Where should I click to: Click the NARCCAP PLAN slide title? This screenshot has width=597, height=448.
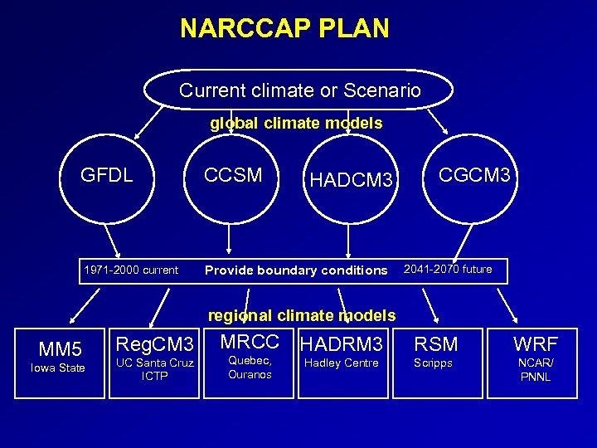(x=284, y=29)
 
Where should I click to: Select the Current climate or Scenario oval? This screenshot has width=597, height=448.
(x=299, y=90)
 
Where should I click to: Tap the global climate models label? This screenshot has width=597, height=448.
(x=296, y=124)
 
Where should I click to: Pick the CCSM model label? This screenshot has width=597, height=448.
(x=233, y=175)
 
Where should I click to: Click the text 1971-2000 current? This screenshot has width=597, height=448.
(x=131, y=270)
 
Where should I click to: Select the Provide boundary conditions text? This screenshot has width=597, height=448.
(x=296, y=270)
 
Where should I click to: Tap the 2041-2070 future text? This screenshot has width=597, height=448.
(x=448, y=269)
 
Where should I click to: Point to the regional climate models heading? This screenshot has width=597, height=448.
(x=302, y=315)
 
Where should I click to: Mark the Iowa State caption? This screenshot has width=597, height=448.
(x=58, y=368)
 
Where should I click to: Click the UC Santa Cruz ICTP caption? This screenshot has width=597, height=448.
(x=155, y=369)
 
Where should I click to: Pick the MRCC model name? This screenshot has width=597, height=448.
(x=248, y=341)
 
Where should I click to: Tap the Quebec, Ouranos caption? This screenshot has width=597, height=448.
(x=249, y=368)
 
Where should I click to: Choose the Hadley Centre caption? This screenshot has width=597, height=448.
(x=342, y=363)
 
